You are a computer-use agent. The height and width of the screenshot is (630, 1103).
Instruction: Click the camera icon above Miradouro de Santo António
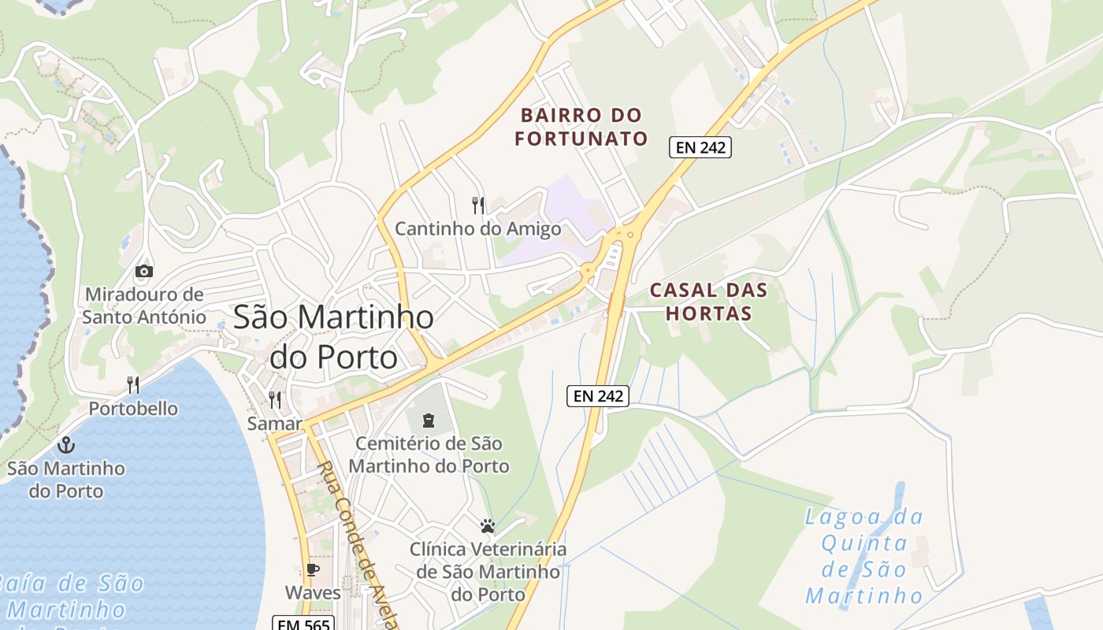[143, 271]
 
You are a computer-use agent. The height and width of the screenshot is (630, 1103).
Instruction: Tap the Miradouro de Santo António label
[144, 306]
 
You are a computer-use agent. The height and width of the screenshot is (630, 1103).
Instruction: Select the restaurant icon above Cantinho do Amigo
[478, 206]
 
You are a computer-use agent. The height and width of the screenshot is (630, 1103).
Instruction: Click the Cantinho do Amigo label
[477, 229]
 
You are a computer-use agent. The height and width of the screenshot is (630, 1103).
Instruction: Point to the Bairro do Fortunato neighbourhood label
[581, 128]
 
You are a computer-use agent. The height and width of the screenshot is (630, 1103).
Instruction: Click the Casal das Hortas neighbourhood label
[708, 302]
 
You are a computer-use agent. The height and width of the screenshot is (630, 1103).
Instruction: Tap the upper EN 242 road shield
[700, 147]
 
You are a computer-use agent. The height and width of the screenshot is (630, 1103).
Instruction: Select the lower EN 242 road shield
[598, 396]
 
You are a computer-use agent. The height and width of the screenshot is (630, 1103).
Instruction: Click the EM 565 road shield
[304, 623]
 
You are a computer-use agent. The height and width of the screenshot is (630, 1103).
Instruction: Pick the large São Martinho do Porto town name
[333, 336]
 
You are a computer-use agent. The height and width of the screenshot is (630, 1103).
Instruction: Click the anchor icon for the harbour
[66, 445]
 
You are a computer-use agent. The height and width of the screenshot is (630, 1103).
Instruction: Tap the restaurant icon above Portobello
[133, 385]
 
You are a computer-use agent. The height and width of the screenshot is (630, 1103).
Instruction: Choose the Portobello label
[133, 409]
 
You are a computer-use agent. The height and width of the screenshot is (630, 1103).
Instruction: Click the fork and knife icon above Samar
[274, 399]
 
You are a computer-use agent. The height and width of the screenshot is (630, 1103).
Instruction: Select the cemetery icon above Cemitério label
[429, 420]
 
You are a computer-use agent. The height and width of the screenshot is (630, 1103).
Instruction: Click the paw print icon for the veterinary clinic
[488, 525]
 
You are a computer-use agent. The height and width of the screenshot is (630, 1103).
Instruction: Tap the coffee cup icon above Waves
[313, 569]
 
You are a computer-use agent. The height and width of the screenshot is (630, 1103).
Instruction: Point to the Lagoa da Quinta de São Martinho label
[864, 556]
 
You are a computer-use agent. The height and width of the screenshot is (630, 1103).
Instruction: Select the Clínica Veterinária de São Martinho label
[488, 571]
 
